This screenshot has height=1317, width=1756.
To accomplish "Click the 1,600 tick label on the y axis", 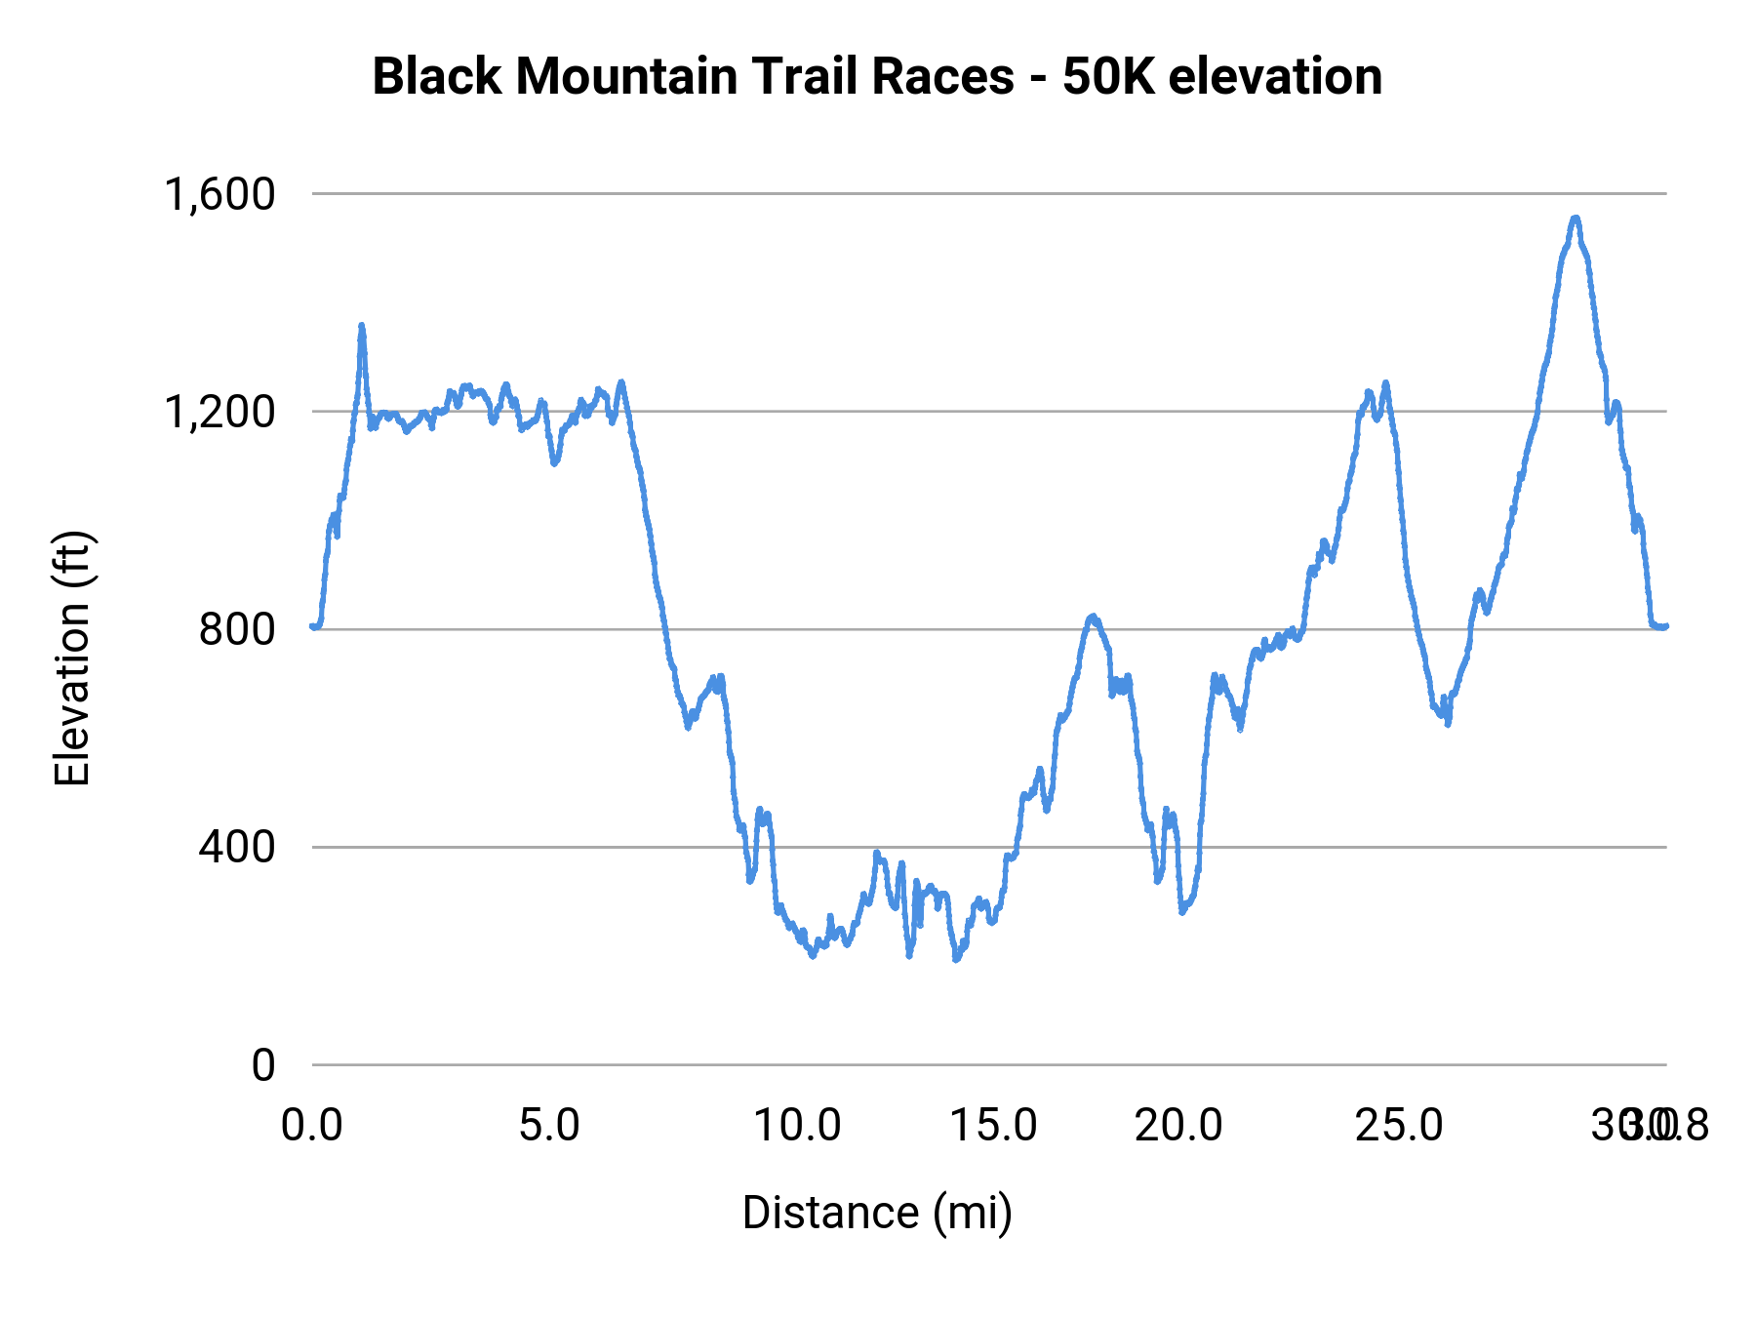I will point(220,194).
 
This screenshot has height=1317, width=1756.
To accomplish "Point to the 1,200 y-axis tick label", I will point(220,412).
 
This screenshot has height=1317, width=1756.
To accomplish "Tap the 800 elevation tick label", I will point(237,629).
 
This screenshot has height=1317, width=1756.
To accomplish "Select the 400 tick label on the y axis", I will point(237,847).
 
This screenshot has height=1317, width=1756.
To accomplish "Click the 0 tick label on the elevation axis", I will point(263,1065).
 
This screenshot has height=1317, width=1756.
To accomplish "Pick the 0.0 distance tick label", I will point(312,1126).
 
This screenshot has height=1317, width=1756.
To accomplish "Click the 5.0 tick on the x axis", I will point(549,1126).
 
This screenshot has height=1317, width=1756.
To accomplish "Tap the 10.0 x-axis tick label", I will point(797,1126).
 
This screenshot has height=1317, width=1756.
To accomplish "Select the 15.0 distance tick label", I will point(993,1126).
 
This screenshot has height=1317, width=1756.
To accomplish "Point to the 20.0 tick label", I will point(1178,1126).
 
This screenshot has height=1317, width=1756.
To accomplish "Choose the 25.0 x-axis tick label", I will point(1399,1126).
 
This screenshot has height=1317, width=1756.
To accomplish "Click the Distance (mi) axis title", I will point(877,1213).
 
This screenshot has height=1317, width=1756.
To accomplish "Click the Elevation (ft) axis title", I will point(72,658).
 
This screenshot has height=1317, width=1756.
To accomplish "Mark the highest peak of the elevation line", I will point(1575,219).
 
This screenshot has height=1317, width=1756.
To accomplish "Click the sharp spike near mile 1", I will point(362,326).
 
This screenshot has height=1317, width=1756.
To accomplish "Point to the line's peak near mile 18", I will point(1093,617).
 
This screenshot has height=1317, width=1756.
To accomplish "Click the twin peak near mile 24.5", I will point(1385,383).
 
